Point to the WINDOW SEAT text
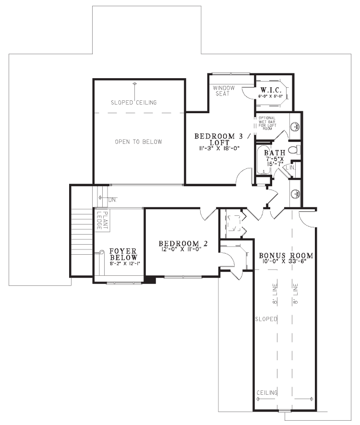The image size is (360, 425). (224, 91)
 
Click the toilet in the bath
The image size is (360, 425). (297, 149)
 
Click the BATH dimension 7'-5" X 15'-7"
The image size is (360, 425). (275, 160)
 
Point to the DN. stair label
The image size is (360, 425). (112, 199)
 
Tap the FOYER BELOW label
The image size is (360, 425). (123, 254)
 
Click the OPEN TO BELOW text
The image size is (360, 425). (138, 142)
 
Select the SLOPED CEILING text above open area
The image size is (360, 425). (134, 102)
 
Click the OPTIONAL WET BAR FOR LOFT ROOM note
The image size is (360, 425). (266, 123)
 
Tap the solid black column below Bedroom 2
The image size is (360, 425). (150, 280)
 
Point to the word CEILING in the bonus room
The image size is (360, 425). (267, 393)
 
